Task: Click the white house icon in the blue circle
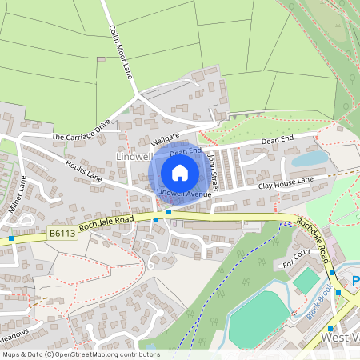tap(180, 172)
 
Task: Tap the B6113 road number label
tap(62, 234)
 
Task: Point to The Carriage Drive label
tap(81, 131)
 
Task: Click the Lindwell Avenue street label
tap(184, 194)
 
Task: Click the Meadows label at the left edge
tap(14, 333)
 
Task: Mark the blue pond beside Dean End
tap(309, 159)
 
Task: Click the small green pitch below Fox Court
tap(306, 279)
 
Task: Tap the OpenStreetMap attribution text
tap(81, 354)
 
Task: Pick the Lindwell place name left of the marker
tap(133, 157)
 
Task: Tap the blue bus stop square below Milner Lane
tap(12, 238)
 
